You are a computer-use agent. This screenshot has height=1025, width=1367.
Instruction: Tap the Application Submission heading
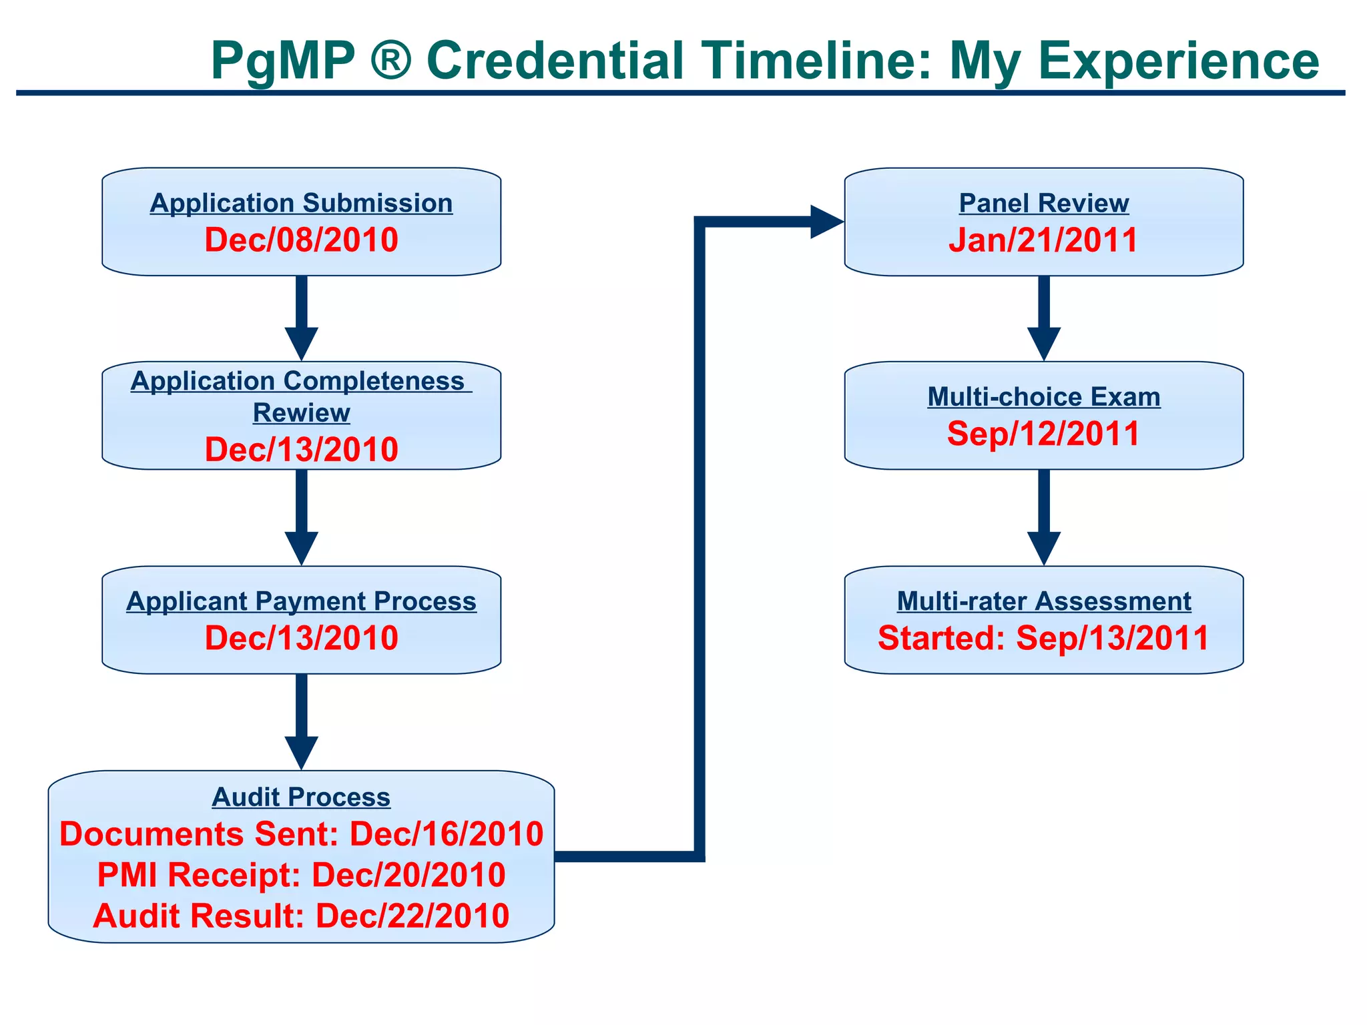(301, 204)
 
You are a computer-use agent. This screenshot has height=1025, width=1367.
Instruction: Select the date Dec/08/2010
(301, 240)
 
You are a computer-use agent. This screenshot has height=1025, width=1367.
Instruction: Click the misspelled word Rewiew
(301, 413)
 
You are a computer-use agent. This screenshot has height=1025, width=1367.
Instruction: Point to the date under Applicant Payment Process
(301, 638)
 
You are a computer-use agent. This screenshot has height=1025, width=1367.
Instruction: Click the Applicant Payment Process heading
(301, 601)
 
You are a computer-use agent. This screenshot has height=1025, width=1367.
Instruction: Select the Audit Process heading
(301, 797)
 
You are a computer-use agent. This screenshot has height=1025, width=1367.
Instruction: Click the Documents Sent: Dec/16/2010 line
(301, 834)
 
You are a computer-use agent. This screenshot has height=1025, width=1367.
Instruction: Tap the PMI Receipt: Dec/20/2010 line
(301, 875)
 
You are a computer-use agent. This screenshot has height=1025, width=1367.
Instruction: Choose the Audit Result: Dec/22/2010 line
(301, 916)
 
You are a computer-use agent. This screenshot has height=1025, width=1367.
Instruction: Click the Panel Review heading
(1043, 204)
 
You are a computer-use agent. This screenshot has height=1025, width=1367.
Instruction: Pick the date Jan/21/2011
(1043, 240)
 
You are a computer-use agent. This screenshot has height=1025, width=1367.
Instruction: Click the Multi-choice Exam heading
(1043, 397)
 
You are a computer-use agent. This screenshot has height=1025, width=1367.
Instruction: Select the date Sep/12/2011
(1043, 434)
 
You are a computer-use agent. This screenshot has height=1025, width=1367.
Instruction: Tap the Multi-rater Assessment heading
(1043, 601)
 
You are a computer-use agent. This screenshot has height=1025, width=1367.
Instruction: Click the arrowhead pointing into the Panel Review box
(826, 222)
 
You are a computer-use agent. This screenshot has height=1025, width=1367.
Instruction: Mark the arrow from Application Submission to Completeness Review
(301, 317)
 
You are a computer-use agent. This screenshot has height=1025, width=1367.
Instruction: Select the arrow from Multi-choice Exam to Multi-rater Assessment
(1043, 517)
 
